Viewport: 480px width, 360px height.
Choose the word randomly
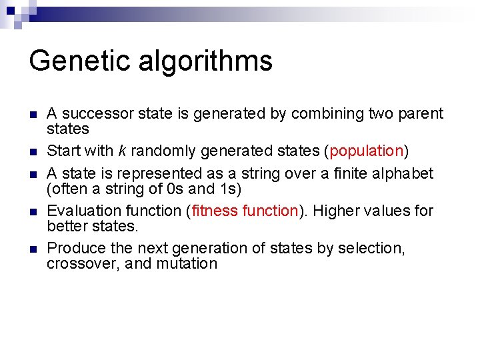coord(162,151)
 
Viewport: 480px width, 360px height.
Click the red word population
coord(367,151)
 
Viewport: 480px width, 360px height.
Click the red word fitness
coord(215,211)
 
